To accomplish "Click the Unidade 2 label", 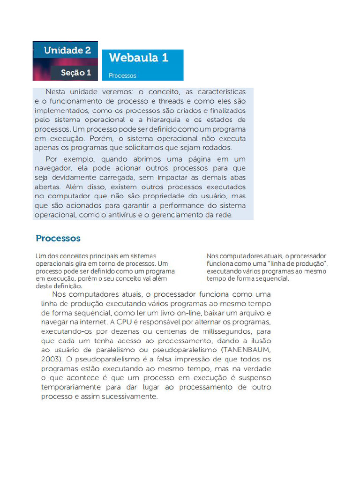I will (x=67, y=51).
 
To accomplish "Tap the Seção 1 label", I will (x=76, y=73).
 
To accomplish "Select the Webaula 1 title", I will (x=138, y=58).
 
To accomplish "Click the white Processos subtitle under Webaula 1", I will (x=122, y=75).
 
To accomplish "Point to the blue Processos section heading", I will (x=58, y=238).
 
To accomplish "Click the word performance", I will (x=180, y=205).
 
